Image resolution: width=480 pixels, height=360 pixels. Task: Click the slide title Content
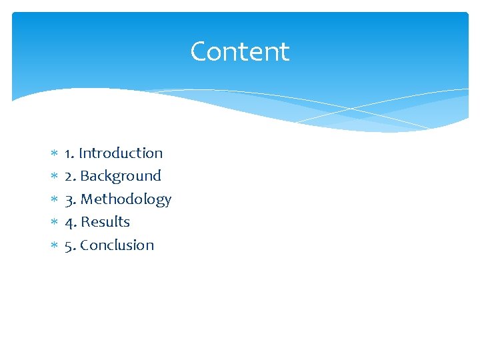(x=239, y=51)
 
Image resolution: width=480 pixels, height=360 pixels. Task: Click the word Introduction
(x=121, y=153)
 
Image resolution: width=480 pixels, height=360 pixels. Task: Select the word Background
(x=121, y=176)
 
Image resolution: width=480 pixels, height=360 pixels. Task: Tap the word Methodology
(x=126, y=199)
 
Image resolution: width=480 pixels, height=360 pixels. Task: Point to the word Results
(x=105, y=222)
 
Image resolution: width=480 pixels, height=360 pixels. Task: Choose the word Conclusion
(x=117, y=245)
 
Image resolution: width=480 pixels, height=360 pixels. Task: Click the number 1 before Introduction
(x=68, y=153)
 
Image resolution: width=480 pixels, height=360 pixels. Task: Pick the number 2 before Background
(x=69, y=176)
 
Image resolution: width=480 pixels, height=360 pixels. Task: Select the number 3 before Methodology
(x=69, y=199)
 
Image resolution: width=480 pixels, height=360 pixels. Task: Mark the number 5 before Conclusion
(x=69, y=245)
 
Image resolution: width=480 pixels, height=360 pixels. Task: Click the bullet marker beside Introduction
(x=54, y=154)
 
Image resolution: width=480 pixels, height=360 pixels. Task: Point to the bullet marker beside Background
(x=54, y=177)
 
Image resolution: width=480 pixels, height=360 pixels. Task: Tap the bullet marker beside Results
(x=54, y=223)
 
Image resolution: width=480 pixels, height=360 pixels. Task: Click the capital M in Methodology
(x=87, y=199)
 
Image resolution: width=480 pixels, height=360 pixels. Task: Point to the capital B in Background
(x=84, y=176)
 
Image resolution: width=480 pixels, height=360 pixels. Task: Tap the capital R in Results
(x=85, y=222)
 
